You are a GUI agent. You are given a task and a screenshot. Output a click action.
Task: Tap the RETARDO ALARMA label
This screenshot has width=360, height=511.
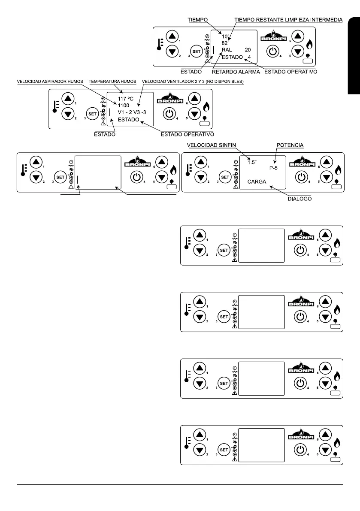[236, 72]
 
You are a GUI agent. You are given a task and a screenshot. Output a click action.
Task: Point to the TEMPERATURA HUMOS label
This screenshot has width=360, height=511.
[112, 81]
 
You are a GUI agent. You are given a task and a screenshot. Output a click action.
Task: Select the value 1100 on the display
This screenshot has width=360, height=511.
[124, 105]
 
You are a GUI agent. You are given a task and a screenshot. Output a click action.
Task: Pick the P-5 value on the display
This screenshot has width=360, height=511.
[273, 168]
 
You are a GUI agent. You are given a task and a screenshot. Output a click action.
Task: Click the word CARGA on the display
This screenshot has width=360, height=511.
[257, 182]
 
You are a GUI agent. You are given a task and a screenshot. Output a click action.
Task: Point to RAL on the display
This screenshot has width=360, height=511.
[227, 50]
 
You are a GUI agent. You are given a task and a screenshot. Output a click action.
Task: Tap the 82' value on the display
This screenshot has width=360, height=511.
[225, 43]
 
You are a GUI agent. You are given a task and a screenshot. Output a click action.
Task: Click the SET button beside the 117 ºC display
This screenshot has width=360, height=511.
[92, 113]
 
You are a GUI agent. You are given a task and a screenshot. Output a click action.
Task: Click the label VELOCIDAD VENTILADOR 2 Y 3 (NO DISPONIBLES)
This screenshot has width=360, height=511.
[192, 81]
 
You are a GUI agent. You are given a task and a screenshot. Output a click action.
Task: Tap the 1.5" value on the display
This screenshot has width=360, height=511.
[251, 162]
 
